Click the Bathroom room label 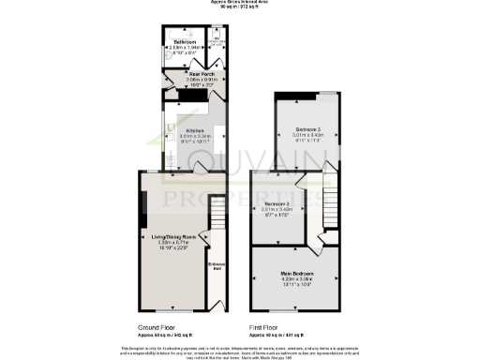(184, 41)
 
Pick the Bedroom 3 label (308, 127)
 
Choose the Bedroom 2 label (277, 203)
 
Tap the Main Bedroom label (296, 273)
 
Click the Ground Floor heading (155, 327)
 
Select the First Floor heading (266, 327)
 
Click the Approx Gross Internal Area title (240, 4)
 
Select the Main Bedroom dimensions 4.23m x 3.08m (296, 279)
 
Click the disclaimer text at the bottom (240, 351)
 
